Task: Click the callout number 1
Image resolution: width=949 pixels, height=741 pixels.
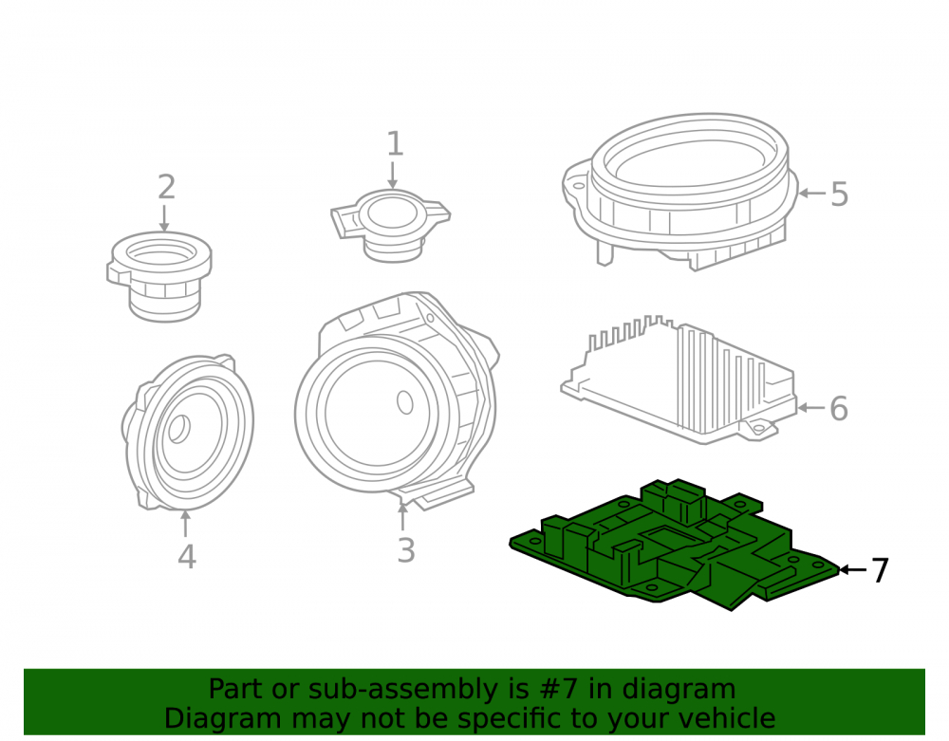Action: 395,144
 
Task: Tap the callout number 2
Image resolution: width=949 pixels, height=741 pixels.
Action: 166,187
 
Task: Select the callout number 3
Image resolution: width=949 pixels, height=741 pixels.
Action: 406,550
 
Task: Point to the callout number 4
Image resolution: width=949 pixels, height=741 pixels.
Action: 186,557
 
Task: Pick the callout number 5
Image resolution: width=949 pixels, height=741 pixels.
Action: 840,195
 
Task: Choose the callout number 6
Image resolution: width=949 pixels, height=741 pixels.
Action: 839,408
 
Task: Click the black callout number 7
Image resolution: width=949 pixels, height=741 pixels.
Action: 880,570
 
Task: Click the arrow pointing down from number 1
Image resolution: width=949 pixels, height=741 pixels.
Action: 393,175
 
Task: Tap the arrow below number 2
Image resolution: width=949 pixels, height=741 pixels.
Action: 164,218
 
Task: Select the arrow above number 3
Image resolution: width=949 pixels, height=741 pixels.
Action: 402,516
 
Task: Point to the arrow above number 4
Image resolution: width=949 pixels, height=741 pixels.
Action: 186,524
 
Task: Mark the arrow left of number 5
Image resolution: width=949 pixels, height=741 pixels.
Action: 812,193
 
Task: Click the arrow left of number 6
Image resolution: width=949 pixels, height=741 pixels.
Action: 811,408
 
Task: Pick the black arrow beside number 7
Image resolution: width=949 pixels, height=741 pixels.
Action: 852,570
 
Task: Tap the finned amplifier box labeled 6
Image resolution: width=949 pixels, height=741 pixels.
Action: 679,381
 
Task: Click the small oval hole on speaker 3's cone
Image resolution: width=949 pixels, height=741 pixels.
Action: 405,402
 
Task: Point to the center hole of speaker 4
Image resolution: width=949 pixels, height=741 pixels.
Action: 178,429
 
